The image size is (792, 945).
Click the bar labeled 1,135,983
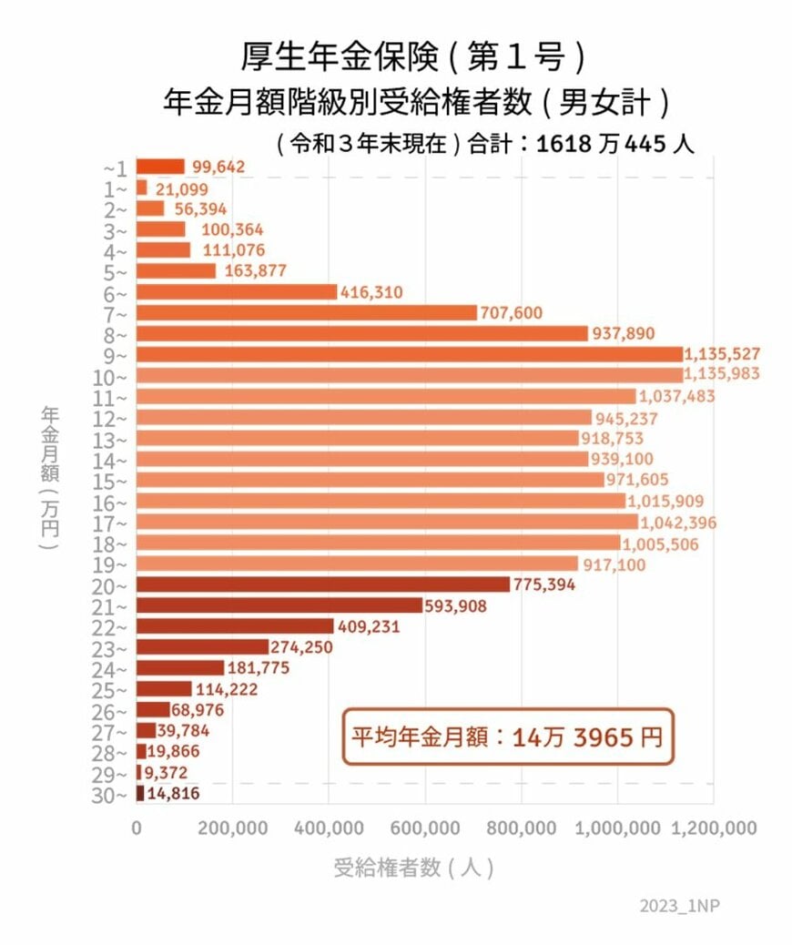(409, 375)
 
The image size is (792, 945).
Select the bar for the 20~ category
(323, 584)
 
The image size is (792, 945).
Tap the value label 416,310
(371, 292)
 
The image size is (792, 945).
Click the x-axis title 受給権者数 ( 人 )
(413, 868)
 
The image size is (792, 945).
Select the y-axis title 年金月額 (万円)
(50, 478)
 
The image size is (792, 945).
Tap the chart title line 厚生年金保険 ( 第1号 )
(411, 57)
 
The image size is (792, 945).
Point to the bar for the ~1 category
(160, 167)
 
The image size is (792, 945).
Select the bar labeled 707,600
(306, 312)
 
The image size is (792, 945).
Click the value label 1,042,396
(678, 523)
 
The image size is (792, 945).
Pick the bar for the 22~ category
(235, 626)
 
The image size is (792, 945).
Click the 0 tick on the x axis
(137, 828)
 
